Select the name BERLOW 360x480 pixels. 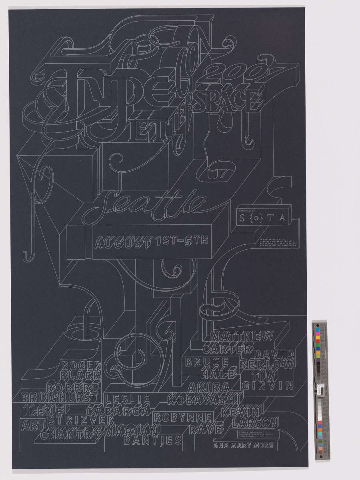coord(268,365)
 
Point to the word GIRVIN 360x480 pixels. coord(268,386)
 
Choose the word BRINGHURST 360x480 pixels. coord(59,398)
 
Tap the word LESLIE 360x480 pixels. coord(127,399)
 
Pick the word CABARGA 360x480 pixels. coord(118,411)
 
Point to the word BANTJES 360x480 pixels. coord(153,440)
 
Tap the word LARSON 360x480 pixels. coord(255,422)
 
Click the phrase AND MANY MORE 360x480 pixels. coord(244,445)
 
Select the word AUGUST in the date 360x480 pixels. coord(122,242)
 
